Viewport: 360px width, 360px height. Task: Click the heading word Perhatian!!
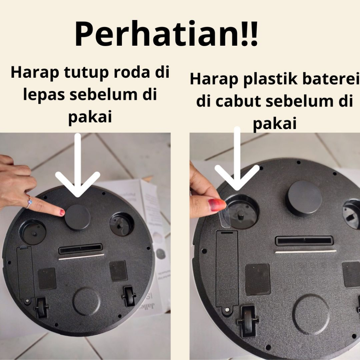[x=166, y=34]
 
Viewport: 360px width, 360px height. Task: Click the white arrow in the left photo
[x=78, y=165]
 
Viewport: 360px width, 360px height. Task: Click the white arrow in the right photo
[x=237, y=159]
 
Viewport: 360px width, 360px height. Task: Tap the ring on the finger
[x=29, y=202]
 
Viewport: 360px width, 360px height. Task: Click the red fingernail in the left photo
[x=62, y=212]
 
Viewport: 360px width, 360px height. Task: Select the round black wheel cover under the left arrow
[x=77, y=217]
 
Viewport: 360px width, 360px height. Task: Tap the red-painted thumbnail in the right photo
[x=216, y=205]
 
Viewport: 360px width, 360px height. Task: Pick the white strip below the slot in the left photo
[x=82, y=257]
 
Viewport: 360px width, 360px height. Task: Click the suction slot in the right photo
[x=304, y=240]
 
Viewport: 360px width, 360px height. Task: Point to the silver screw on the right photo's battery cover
[x=227, y=310]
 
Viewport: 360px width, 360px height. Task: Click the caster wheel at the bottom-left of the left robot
[x=42, y=307]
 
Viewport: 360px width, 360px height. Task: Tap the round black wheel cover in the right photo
[x=305, y=198]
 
